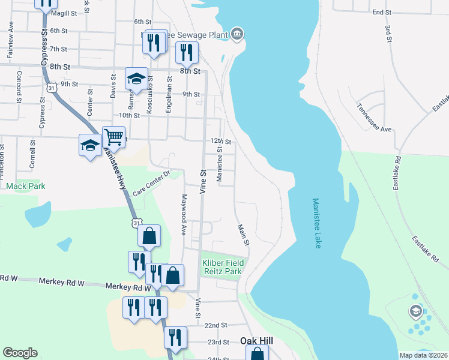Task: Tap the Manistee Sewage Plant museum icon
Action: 238,34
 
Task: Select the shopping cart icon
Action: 113,137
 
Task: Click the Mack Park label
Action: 26,186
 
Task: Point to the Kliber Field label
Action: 221,263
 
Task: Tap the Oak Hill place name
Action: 256,340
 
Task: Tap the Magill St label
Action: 64,13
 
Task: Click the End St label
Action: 381,12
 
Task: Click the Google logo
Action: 20,353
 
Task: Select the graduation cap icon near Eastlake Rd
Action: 415,311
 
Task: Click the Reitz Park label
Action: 221,272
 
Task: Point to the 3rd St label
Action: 388,32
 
